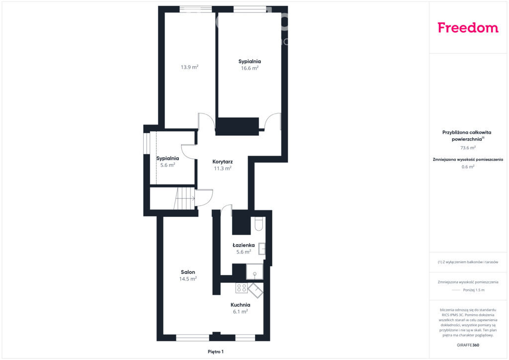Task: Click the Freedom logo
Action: [468, 27]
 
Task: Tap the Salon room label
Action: [188, 272]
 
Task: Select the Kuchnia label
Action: [240, 305]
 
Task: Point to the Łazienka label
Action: [244, 245]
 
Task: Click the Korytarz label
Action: [222, 162]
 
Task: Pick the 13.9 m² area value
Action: [189, 67]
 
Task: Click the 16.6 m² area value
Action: [250, 68]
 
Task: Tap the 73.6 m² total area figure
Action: [468, 148]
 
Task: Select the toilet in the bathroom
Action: [258, 224]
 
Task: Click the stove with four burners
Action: [242, 288]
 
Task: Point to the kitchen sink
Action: [255, 290]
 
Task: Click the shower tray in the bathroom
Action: [254, 271]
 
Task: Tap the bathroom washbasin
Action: [262, 249]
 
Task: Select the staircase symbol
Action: [184, 199]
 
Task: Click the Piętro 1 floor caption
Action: [216, 352]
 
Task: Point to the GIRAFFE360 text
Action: [468, 345]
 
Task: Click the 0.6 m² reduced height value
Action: [468, 167]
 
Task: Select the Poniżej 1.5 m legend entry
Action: [474, 290]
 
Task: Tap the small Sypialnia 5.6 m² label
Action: [168, 162]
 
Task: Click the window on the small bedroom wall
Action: [147, 143]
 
